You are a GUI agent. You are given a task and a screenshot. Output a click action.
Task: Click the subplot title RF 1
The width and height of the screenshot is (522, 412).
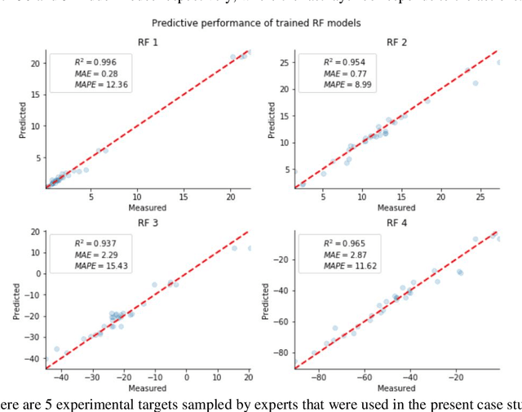coord(148,43)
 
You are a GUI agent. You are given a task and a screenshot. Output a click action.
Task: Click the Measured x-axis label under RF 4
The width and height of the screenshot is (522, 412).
coord(396,388)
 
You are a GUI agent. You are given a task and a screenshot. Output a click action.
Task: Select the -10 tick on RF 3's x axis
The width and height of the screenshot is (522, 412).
coord(153,379)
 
